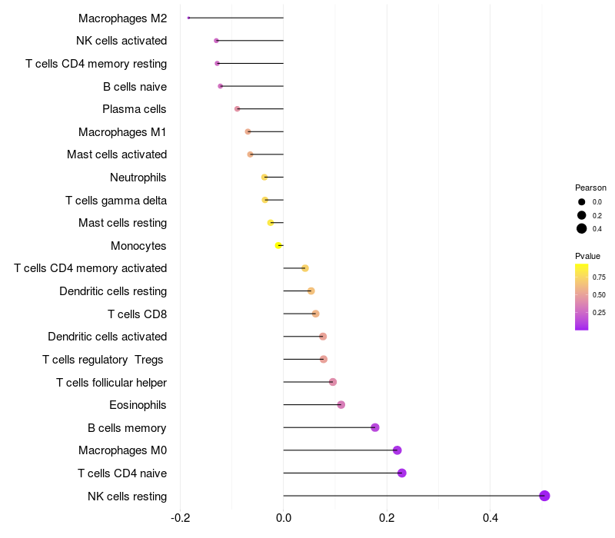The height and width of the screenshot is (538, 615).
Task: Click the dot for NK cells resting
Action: point(544,496)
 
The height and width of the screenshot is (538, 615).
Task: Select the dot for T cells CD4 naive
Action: point(401,473)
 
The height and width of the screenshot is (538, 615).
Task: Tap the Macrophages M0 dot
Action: point(397,450)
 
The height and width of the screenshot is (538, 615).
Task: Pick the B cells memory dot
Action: point(375,427)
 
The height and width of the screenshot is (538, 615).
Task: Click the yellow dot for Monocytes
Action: point(278,245)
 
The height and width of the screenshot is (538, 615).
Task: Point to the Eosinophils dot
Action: point(341,405)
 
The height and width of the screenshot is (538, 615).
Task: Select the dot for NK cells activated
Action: point(216,41)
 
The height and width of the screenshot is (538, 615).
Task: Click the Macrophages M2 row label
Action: point(122,18)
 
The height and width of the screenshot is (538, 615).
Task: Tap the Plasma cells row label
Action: point(135,109)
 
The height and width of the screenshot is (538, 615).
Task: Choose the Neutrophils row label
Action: point(138,178)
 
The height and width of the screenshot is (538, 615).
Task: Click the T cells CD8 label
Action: point(137,314)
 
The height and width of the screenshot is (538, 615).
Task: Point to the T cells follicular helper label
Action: point(111,382)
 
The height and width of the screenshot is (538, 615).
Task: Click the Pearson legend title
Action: point(590,188)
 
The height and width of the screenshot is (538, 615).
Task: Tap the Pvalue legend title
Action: point(587,256)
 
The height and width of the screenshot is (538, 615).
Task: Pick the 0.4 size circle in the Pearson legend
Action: point(582,228)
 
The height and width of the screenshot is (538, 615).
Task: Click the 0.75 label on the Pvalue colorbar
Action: point(599,277)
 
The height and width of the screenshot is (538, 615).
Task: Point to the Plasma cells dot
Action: point(237,109)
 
